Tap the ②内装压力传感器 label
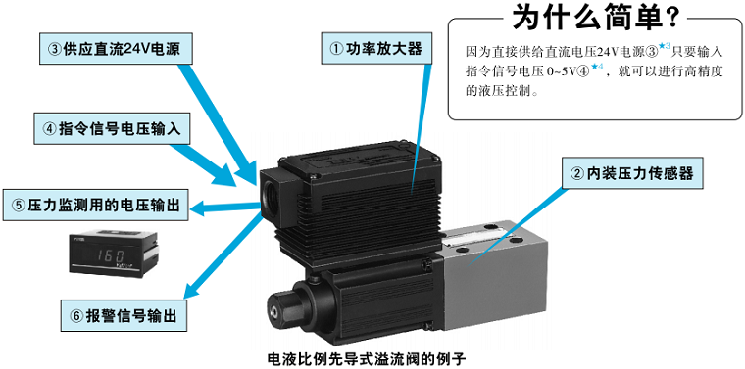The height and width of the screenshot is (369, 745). [x=630, y=173]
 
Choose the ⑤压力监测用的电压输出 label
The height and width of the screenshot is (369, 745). [x=96, y=205]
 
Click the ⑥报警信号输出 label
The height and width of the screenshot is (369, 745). [x=123, y=315]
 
